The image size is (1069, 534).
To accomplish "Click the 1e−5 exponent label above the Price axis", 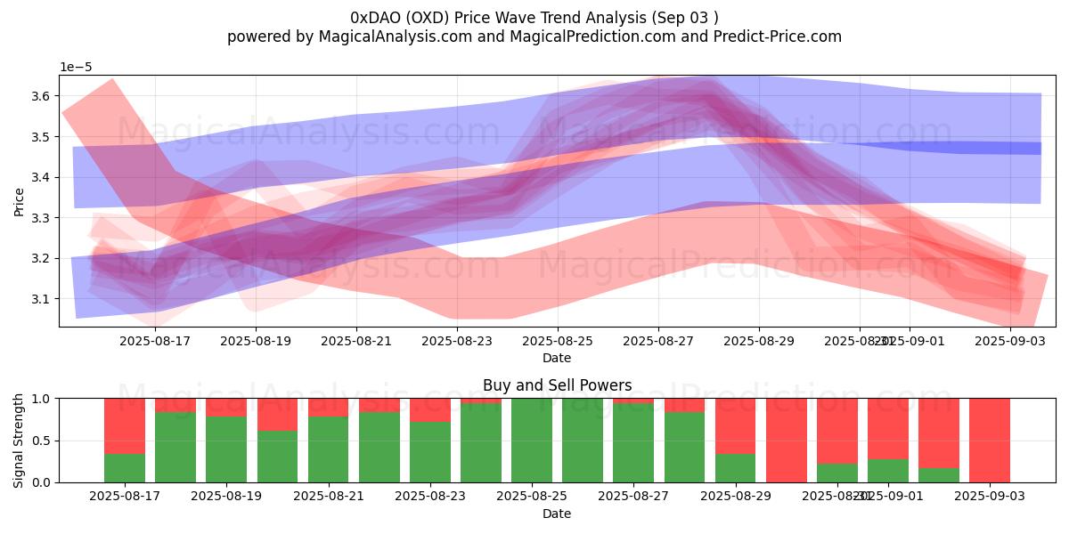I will pyautogui.click(x=76, y=68).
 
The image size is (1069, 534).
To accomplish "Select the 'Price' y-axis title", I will pyautogui.click(x=20, y=201).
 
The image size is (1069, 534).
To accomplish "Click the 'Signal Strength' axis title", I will pyautogui.click(x=20, y=441).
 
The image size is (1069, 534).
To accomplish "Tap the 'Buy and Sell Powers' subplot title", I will pyautogui.click(x=557, y=385).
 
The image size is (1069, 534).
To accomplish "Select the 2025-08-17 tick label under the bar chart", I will pyautogui.click(x=125, y=497).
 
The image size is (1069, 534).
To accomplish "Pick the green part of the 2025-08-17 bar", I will pyautogui.click(x=125, y=468).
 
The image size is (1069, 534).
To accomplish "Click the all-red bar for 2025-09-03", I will pyautogui.click(x=990, y=441).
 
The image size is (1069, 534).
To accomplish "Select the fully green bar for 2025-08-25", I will pyautogui.click(x=532, y=441).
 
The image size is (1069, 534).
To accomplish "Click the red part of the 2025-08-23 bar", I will pyautogui.click(x=430, y=409).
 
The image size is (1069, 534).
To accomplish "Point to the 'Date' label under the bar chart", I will pyautogui.click(x=557, y=514).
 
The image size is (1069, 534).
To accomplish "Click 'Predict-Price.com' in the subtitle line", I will pyautogui.click(x=771, y=36).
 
